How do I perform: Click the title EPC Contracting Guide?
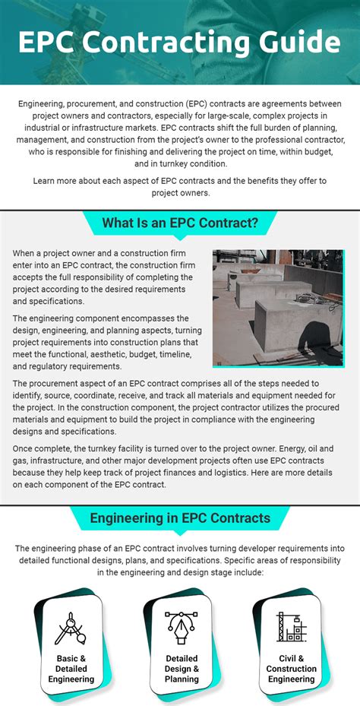pos(179,42)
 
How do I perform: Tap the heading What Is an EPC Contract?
pos(180,223)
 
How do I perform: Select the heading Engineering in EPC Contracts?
pos(180,518)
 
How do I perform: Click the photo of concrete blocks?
pos(277,308)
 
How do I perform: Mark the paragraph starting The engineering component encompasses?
pos(106,342)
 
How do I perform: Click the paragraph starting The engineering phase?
pos(179,560)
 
